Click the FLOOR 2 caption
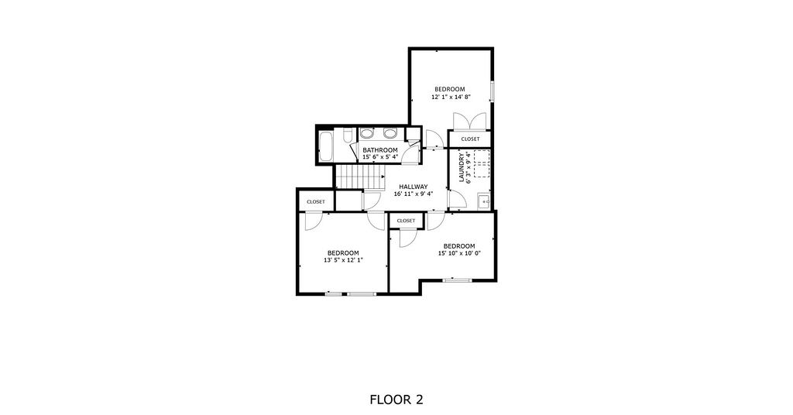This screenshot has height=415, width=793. pyautogui.click(x=396, y=400)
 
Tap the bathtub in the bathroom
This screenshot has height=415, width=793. pyautogui.click(x=326, y=146)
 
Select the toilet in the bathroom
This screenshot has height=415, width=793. pyautogui.click(x=348, y=136)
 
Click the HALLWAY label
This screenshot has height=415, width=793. pyautogui.click(x=414, y=187)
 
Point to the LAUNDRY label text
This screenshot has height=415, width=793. pyautogui.click(x=462, y=168)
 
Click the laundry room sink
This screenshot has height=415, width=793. pyautogui.click(x=484, y=201)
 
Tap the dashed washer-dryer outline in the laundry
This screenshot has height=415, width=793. pyautogui.click(x=482, y=164)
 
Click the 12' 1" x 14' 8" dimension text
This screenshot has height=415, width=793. pyautogui.click(x=451, y=97)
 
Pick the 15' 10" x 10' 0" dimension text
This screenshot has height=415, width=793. pyautogui.click(x=459, y=254)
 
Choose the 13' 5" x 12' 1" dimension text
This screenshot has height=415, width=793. pyautogui.click(x=343, y=260)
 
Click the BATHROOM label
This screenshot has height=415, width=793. pyautogui.click(x=380, y=150)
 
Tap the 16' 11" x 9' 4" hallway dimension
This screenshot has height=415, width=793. pyautogui.click(x=414, y=194)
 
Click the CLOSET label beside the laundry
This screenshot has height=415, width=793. pyautogui.click(x=470, y=139)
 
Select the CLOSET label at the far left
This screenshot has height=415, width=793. pyautogui.click(x=316, y=201)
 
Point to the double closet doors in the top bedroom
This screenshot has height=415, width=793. pyautogui.click(x=470, y=122)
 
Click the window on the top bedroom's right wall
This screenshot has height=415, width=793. pyautogui.click(x=493, y=90)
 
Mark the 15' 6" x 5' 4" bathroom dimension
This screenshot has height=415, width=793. pyautogui.click(x=380, y=157)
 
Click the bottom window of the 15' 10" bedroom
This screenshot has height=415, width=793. pyautogui.click(x=458, y=280)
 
